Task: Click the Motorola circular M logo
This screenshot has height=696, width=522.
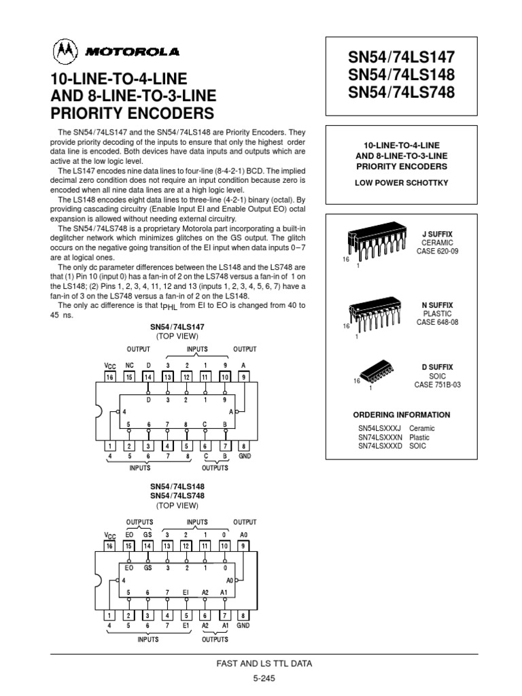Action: coord(65,52)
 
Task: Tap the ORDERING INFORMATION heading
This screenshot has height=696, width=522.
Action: coord(401,415)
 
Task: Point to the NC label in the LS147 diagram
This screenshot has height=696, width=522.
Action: coord(129,365)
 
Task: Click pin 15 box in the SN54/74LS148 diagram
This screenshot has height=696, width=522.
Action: coord(129,546)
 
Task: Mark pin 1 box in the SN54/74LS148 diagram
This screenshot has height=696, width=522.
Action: coord(109,615)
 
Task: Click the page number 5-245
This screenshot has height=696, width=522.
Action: coord(260,678)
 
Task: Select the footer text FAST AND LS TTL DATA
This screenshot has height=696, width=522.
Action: coord(260,663)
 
